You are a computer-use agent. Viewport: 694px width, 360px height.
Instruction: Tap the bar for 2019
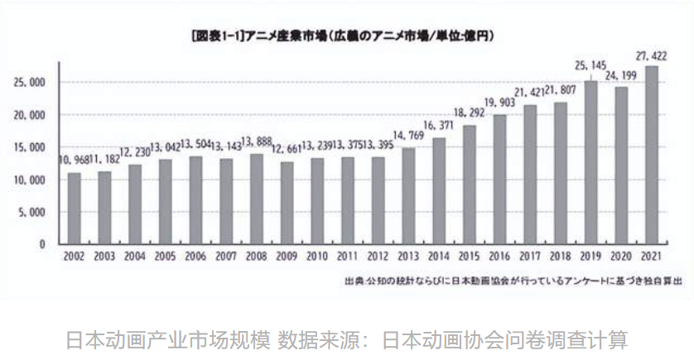click(590, 163)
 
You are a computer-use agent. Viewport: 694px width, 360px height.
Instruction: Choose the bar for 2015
click(470, 185)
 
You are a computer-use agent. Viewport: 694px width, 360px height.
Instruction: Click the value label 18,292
click(470, 113)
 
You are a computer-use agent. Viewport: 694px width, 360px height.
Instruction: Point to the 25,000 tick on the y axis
click(31, 82)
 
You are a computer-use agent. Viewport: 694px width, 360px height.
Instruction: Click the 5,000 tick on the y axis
click(34, 212)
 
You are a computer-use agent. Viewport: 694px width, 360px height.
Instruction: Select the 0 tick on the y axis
click(42, 244)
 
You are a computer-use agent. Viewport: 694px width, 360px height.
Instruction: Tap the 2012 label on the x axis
click(378, 257)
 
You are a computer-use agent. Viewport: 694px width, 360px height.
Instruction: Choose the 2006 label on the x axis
click(196, 257)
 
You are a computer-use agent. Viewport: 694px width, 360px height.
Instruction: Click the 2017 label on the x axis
click(530, 257)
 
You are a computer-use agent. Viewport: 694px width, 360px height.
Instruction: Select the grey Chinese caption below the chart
click(346, 339)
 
